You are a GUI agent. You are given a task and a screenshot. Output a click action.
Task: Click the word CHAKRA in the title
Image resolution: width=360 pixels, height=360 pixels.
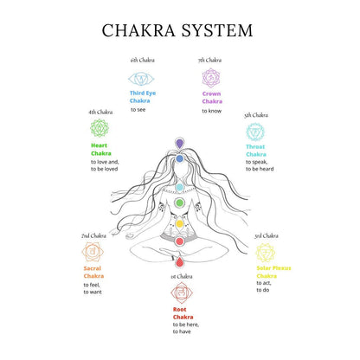point(138,30)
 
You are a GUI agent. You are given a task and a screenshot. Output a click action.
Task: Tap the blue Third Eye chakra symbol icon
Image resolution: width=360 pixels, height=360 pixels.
point(141,78)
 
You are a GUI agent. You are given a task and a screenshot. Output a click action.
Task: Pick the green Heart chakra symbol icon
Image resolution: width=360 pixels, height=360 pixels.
point(100,129)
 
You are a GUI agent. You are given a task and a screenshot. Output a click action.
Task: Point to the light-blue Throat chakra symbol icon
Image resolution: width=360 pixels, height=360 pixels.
point(256,132)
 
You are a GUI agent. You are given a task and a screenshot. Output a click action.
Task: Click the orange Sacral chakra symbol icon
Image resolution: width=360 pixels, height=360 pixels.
point(93,252)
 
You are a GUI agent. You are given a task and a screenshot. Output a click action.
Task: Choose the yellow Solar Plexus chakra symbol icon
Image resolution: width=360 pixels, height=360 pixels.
point(266,252)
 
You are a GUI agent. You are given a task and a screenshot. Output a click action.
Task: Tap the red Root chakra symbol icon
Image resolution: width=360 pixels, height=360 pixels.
point(181,292)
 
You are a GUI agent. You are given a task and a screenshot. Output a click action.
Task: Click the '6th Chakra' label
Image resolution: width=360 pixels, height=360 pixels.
point(141,61)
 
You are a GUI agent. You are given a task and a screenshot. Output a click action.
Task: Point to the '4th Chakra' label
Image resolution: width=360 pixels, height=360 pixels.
point(100,112)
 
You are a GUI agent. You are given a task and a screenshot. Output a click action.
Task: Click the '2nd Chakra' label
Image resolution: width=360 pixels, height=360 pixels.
point(93,235)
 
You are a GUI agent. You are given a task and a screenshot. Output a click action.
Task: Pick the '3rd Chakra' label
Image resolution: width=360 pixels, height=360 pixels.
point(267,235)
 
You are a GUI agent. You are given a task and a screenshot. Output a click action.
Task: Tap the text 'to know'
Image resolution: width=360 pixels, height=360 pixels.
point(211,110)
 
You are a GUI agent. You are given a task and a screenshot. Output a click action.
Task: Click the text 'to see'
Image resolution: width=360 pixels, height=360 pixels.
point(138,110)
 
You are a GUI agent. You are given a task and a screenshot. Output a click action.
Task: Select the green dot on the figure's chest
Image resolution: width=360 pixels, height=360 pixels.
point(180,203)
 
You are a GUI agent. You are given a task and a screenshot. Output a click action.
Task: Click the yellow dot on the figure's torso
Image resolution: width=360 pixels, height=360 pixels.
point(180,223)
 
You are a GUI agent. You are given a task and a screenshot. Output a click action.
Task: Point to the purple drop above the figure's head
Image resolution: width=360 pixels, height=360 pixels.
point(180,143)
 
